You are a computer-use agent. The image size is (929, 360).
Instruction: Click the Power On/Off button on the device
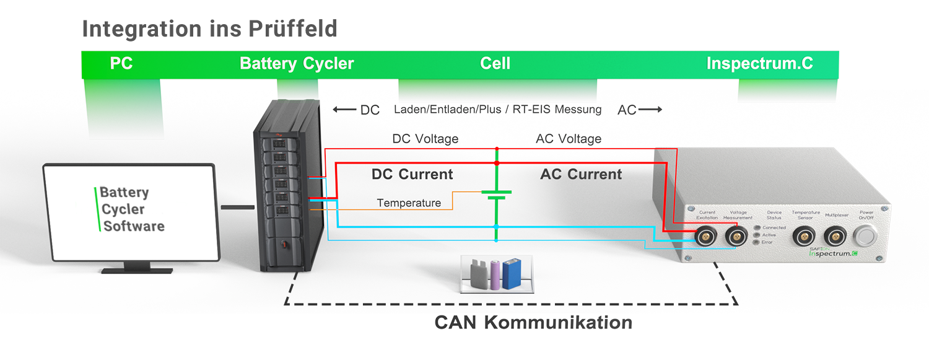[x=866, y=237]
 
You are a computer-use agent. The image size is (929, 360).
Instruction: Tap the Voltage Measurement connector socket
[x=736, y=236]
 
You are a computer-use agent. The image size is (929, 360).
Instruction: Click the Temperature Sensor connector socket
[x=805, y=236]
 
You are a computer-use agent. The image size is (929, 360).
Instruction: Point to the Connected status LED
[x=757, y=227]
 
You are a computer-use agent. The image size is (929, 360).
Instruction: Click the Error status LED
[x=757, y=242]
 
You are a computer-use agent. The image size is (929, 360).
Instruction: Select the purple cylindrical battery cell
[x=496, y=275]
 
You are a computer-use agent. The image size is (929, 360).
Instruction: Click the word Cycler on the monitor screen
[x=123, y=209]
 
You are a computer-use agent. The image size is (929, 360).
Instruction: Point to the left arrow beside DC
[x=344, y=110]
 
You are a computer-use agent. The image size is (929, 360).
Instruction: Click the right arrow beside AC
[x=650, y=110]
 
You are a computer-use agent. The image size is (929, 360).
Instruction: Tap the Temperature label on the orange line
[x=409, y=203]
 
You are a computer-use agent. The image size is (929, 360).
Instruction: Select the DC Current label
[x=412, y=175]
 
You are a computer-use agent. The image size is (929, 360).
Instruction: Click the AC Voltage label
[x=568, y=139]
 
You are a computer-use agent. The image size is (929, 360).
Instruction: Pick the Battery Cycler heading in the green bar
[x=297, y=64]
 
